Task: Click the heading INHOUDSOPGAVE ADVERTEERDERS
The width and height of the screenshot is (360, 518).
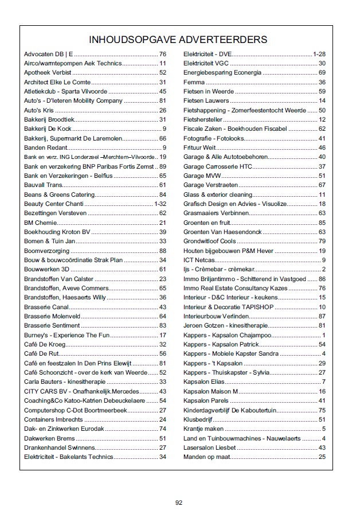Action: point(179,40)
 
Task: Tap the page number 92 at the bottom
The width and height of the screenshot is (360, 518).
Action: point(179,503)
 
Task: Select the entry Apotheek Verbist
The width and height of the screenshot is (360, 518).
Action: point(48,73)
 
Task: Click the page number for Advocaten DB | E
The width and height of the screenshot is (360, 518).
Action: point(162,54)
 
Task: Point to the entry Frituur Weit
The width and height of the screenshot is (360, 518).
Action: point(200,147)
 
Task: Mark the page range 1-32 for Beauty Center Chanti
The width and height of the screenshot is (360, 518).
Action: point(160,204)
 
